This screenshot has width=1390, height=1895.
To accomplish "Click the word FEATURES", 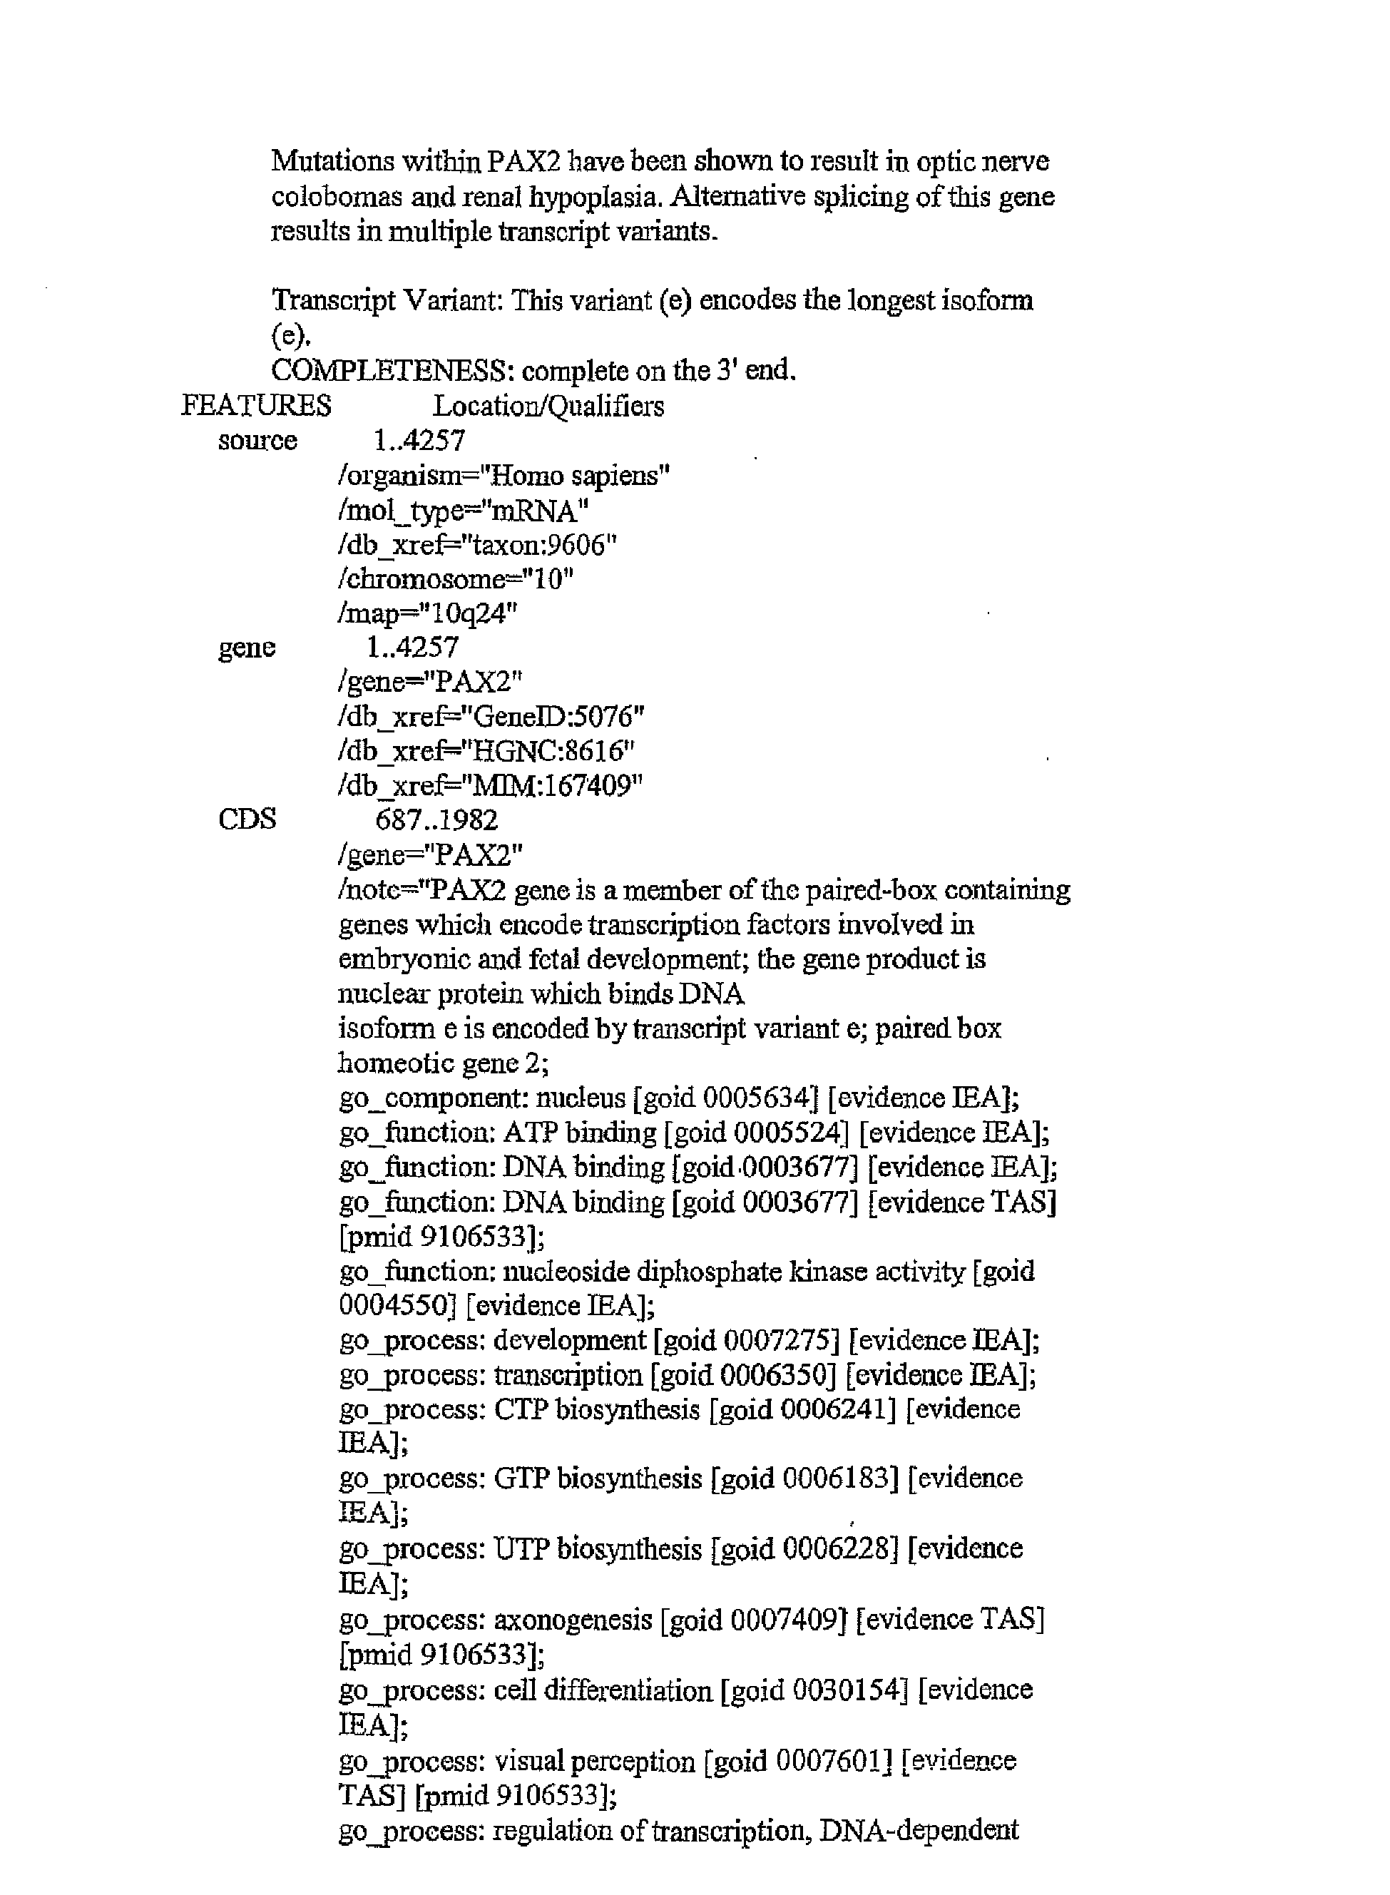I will click(x=256, y=407).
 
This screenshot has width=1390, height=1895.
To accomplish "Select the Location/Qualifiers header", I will click(x=548, y=407).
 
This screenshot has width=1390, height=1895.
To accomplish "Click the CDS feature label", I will click(x=247, y=819).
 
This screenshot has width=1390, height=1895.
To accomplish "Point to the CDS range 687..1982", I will click(x=436, y=819).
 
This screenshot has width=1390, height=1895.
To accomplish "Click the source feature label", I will click(x=257, y=441).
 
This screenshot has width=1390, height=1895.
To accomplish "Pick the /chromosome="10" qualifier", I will click(x=455, y=580).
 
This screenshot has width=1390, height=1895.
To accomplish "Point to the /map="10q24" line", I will click(x=426, y=614).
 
